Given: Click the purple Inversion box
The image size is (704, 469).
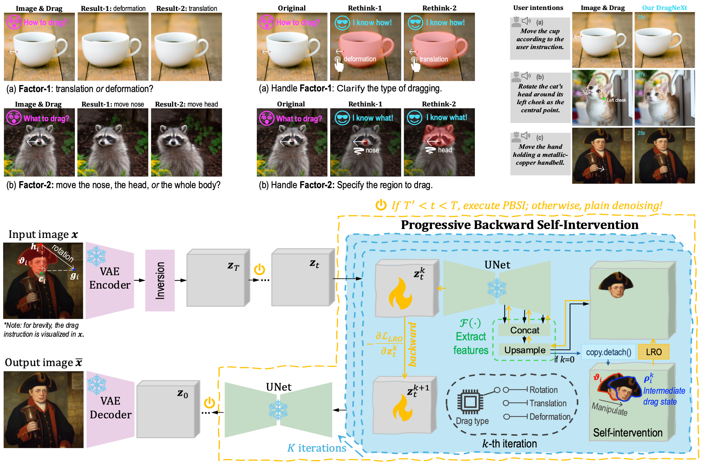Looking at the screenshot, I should point(160,280).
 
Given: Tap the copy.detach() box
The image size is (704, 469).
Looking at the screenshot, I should point(608,352).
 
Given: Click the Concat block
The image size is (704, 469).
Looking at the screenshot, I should point(524,330).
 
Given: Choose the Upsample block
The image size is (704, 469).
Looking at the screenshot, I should point(524,350).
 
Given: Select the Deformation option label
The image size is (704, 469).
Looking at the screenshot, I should point(550,416).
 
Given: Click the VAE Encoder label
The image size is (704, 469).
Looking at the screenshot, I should point(110,278).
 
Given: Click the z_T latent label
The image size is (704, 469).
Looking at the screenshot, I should point(233,266).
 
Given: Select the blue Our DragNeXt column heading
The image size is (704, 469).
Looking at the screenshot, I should point(664,8).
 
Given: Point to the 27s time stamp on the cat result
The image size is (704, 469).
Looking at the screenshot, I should point(641,75).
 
